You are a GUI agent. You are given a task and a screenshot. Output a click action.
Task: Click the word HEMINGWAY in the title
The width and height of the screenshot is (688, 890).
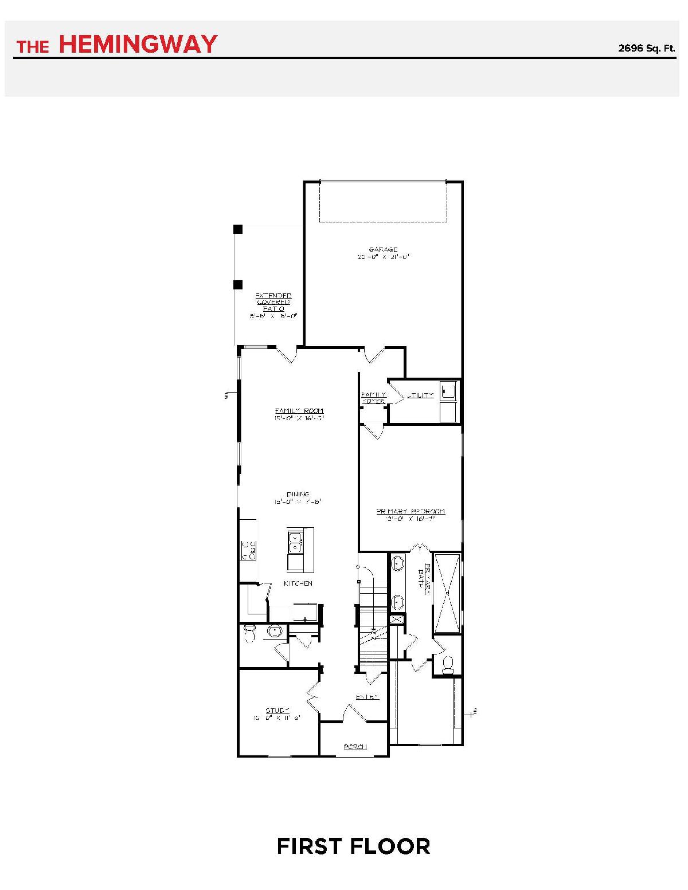point(138,44)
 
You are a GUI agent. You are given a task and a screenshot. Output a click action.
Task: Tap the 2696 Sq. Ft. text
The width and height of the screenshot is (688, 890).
point(646,48)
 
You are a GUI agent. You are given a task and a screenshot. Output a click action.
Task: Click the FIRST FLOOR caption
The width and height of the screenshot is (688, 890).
point(353,846)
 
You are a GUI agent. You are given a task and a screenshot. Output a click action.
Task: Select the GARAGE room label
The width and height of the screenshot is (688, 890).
point(383,249)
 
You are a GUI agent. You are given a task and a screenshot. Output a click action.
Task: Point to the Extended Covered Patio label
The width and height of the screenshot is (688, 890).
point(273,302)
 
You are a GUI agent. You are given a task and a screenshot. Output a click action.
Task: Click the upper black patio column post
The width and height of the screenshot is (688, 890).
point(238,229)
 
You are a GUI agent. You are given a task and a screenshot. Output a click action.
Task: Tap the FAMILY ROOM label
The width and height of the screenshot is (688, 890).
point(299,411)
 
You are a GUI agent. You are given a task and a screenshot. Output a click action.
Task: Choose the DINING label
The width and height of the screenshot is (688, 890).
point(298,494)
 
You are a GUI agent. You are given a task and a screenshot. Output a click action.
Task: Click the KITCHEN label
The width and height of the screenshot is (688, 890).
point(298,583)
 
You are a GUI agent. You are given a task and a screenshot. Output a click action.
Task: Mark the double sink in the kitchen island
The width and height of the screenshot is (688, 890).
point(295,542)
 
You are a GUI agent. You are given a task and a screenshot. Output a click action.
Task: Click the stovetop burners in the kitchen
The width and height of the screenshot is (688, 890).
point(248,550)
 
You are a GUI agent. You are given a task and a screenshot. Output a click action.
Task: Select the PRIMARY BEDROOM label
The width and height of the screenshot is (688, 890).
point(411,511)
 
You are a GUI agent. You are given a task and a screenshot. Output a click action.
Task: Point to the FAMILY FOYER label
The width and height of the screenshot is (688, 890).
point(373,398)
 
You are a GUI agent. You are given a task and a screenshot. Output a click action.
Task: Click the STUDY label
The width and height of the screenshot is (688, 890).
point(277,710)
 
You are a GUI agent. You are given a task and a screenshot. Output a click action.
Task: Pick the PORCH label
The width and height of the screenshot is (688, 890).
point(355,747)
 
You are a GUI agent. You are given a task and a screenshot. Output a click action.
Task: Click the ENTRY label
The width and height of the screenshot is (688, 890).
point(368,697)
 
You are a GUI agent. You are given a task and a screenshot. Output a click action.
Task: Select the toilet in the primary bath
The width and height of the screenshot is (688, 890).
point(448,664)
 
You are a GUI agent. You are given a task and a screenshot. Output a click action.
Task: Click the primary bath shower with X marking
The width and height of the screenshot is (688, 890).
point(447,592)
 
